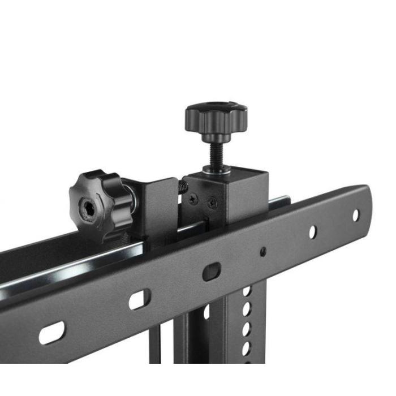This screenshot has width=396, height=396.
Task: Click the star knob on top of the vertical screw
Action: pyautogui.click(x=216, y=117)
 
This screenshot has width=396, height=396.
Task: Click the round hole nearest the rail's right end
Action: pyautogui.click(x=356, y=214)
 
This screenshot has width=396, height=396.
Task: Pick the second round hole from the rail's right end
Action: pyautogui.click(x=312, y=231)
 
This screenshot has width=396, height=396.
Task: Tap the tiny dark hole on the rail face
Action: pyautogui.click(x=263, y=251)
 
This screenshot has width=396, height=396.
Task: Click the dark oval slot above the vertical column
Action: pyautogui.click(x=210, y=272)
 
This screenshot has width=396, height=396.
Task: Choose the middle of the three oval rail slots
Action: pyautogui.click(x=139, y=299)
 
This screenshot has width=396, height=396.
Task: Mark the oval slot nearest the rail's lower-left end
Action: pyautogui.click(x=51, y=333)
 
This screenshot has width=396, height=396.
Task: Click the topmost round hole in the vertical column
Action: pyautogui.click(x=246, y=291)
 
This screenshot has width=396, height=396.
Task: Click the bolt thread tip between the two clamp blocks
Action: pyautogui.click(x=182, y=186)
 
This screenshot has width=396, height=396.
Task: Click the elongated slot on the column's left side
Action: pyautogui.click(x=206, y=311)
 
